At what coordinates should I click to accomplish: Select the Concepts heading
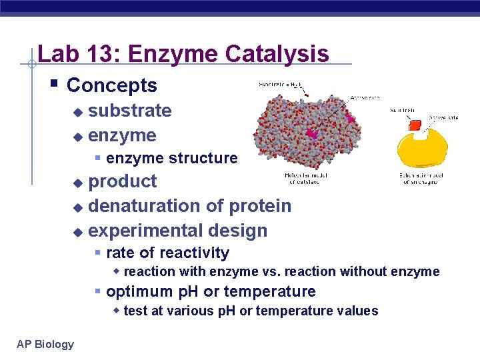click(x=112, y=85)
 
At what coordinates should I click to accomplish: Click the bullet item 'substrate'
click(x=129, y=111)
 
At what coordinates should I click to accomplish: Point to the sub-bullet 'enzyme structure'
click(x=171, y=158)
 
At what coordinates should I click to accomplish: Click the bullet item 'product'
click(x=122, y=181)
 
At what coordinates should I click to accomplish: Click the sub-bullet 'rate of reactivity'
click(x=167, y=253)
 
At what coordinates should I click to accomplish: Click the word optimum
click(x=137, y=291)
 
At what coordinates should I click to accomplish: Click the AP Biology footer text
click(x=45, y=344)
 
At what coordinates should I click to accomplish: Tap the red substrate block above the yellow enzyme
click(x=415, y=125)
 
